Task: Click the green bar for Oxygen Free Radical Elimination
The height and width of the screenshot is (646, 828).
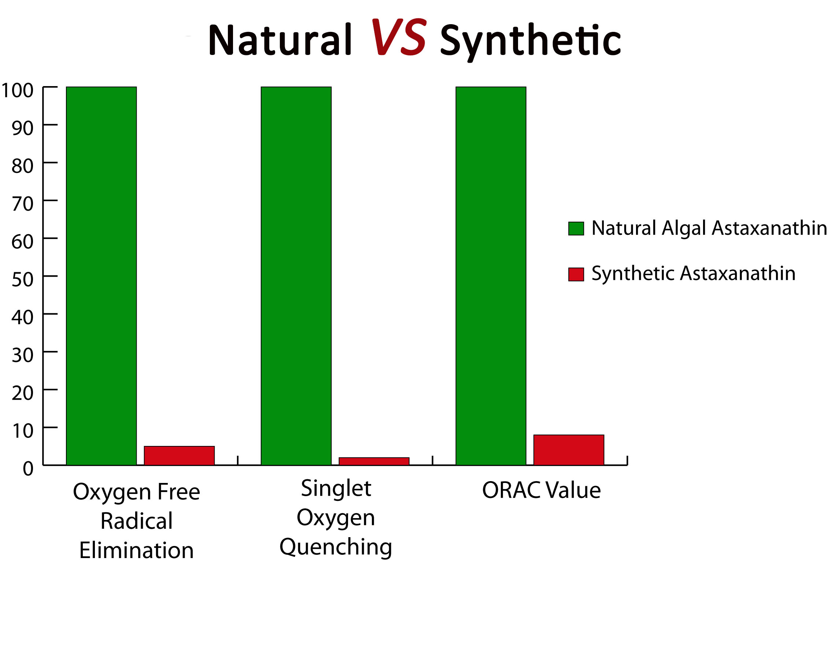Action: [x=101, y=276]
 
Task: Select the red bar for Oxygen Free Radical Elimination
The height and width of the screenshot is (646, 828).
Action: [x=179, y=455]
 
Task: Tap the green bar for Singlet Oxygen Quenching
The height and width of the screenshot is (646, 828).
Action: [x=296, y=276]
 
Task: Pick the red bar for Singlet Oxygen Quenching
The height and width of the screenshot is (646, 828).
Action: [x=374, y=461]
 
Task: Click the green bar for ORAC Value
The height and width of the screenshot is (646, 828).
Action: [x=491, y=276]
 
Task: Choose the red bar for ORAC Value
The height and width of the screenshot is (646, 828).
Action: [x=568, y=450]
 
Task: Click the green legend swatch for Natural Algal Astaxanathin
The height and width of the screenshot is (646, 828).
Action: [x=576, y=228]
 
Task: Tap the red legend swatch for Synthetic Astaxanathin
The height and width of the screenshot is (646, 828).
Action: [x=576, y=274]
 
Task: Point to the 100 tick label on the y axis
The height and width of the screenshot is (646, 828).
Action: [x=18, y=90]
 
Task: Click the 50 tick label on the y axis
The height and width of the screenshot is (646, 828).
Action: [x=22, y=280]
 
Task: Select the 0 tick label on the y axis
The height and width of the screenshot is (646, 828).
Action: [x=28, y=469]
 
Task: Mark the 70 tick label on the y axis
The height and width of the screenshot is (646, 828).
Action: [x=22, y=204]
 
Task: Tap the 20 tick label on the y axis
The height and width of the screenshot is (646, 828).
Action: [x=22, y=393]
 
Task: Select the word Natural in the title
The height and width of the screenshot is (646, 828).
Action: [x=280, y=40]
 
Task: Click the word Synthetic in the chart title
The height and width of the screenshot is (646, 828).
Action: [x=530, y=41]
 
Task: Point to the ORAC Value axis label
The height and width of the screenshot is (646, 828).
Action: [x=541, y=490]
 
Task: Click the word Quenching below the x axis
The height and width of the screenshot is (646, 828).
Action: [x=336, y=547]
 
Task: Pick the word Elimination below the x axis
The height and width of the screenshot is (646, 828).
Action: [x=136, y=550]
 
